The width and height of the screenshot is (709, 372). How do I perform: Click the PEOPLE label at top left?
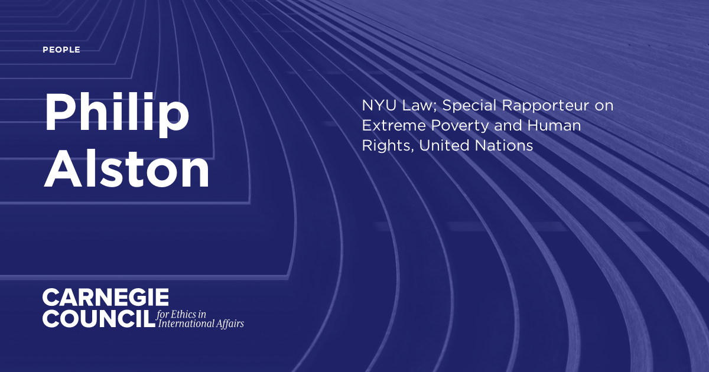pos(61,50)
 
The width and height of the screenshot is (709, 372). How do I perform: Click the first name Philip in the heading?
pos(117,115)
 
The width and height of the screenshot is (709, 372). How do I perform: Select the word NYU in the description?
pos(379,105)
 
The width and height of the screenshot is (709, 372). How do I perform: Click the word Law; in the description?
pos(419,106)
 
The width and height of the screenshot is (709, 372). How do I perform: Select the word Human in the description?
pos(554,126)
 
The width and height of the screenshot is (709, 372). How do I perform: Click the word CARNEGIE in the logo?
pos(106,298)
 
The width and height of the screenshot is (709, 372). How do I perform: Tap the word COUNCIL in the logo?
pos(99,318)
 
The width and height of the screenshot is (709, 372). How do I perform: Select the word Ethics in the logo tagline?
pos(183,314)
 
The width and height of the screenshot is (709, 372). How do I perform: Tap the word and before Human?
pos(508,126)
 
